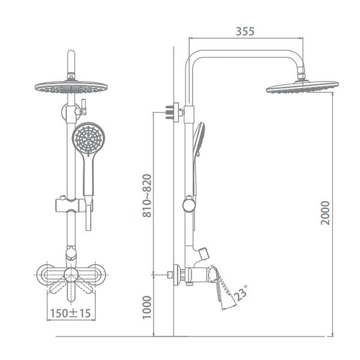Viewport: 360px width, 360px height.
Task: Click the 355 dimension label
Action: pyautogui.click(x=244, y=31)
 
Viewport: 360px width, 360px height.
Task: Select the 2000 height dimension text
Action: pyautogui.click(x=325, y=212)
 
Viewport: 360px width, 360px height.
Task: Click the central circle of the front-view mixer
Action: pyautogui.click(x=71, y=275)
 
